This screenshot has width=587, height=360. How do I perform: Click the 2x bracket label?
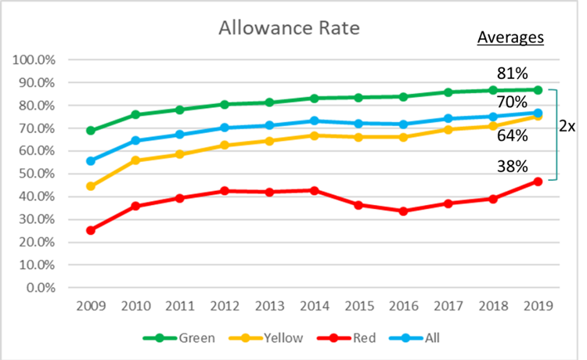(568, 126)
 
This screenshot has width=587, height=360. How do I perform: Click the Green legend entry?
(184, 338)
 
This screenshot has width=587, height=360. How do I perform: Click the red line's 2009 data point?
(91, 230)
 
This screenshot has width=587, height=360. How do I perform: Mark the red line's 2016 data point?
(403, 211)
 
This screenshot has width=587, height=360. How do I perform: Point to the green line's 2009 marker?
(91, 131)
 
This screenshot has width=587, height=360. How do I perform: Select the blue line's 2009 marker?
(91, 161)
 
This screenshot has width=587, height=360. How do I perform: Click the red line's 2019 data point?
(537, 182)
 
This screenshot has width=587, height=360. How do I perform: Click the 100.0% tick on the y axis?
(34, 59)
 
